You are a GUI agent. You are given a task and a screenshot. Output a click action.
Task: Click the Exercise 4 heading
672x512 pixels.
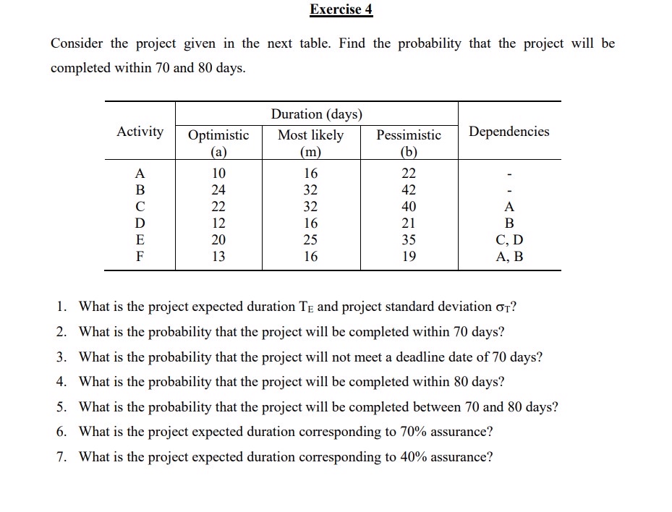pyautogui.click(x=341, y=9)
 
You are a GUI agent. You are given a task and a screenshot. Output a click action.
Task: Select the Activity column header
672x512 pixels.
pyautogui.click(x=140, y=132)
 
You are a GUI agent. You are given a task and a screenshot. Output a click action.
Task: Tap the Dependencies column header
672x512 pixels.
pyautogui.click(x=509, y=132)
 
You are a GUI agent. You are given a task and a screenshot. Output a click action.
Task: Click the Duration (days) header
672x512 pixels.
pyautogui.click(x=316, y=114)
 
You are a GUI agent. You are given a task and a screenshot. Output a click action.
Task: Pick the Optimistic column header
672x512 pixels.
pyautogui.click(x=218, y=135)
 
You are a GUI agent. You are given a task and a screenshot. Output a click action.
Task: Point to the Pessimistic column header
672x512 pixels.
pyautogui.click(x=409, y=135)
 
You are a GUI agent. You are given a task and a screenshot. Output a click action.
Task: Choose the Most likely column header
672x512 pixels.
pyautogui.click(x=311, y=135)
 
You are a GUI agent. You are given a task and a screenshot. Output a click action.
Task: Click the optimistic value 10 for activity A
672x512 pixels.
pyautogui.click(x=218, y=174)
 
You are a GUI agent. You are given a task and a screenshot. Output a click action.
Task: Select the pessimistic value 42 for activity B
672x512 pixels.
pyautogui.click(x=409, y=190)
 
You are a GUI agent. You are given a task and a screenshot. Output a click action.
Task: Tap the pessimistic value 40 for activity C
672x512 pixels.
pyautogui.click(x=409, y=207)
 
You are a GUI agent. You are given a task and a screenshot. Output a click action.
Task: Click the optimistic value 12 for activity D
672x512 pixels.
pyautogui.click(x=218, y=223)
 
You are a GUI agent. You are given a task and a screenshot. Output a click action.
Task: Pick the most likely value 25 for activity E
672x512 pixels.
pyautogui.click(x=311, y=240)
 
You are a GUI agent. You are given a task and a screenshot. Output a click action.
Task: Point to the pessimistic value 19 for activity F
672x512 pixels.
pyautogui.click(x=409, y=257)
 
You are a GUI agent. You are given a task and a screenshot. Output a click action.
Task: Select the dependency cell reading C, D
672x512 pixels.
pyautogui.click(x=509, y=240)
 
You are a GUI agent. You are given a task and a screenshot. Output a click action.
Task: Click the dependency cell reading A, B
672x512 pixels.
pyautogui.click(x=509, y=257)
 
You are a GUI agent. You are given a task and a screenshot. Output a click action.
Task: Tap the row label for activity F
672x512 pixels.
pyautogui.click(x=140, y=257)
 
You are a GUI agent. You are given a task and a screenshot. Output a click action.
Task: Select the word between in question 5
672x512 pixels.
pyautogui.click(x=437, y=407)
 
